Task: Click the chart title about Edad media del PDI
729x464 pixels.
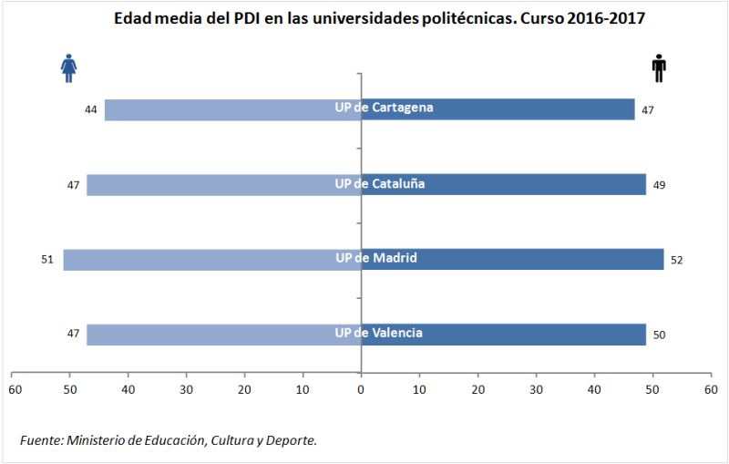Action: point(379,19)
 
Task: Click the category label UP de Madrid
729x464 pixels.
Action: point(375,258)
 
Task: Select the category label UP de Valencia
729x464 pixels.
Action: point(378,333)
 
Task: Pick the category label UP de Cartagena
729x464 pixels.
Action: point(383,108)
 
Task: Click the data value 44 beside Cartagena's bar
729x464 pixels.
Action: point(91,110)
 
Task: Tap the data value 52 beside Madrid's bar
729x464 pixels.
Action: point(675,260)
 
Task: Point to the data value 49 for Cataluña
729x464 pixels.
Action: point(658,185)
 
